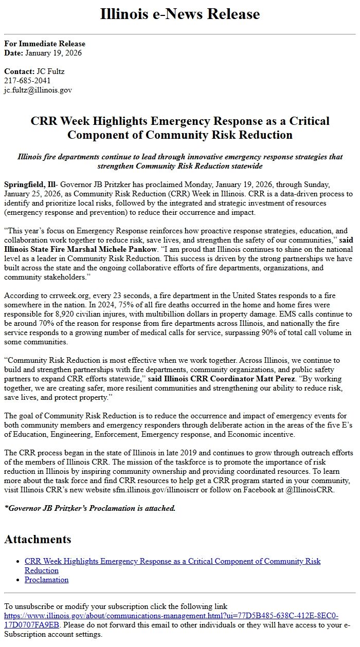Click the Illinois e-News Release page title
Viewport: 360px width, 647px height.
[179, 14]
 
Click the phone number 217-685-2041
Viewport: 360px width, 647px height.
[27, 81]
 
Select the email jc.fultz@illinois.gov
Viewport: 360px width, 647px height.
[38, 90]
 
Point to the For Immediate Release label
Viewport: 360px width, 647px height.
[45, 44]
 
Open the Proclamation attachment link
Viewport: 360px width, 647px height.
[46, 580]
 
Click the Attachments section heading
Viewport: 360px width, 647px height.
[38, 539]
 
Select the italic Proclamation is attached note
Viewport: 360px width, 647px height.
[90, 508]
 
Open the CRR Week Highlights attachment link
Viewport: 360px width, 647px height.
[172, 561]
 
